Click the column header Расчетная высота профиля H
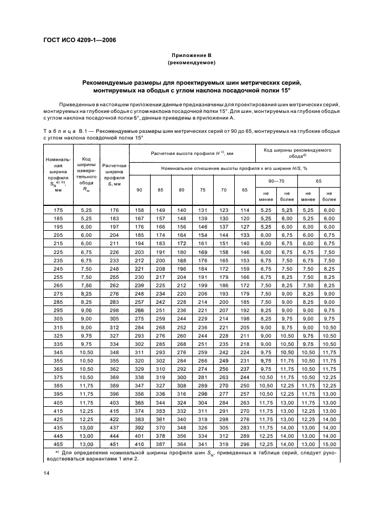[192, 152]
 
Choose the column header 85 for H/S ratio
[160, 190]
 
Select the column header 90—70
[276, 181]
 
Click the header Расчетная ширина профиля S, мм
[114, 175]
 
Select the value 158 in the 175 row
[139, 210]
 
